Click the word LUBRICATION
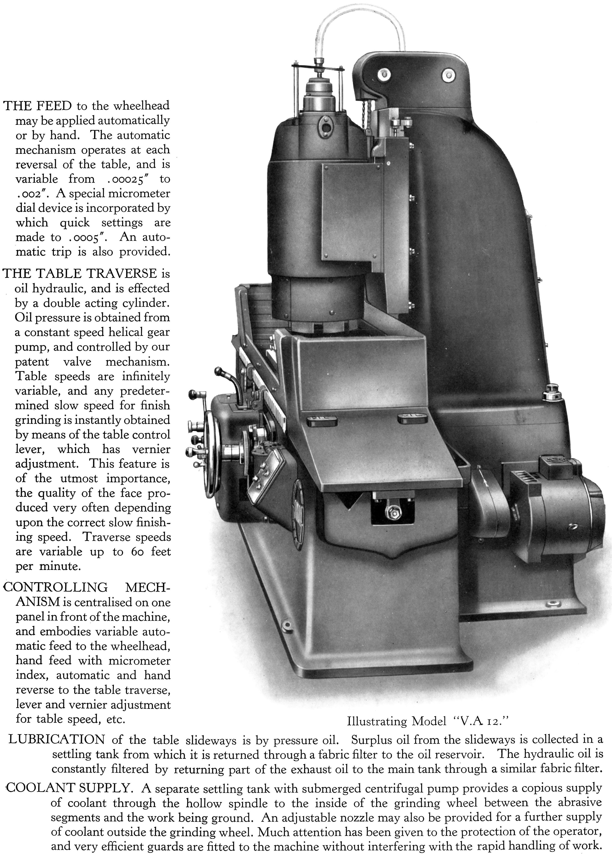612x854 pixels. pos(57,739)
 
